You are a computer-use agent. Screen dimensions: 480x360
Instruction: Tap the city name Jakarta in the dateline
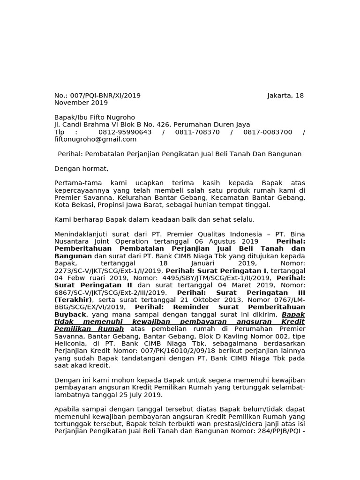click(279, 96)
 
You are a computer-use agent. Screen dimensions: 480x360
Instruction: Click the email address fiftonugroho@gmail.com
click(95, 139)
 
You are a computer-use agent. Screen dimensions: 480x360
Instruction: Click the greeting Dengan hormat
click(81, 169)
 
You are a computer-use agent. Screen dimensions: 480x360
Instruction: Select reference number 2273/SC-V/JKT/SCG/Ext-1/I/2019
click(108, 271)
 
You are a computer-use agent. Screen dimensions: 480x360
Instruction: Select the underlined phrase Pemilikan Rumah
click(89, 329)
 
